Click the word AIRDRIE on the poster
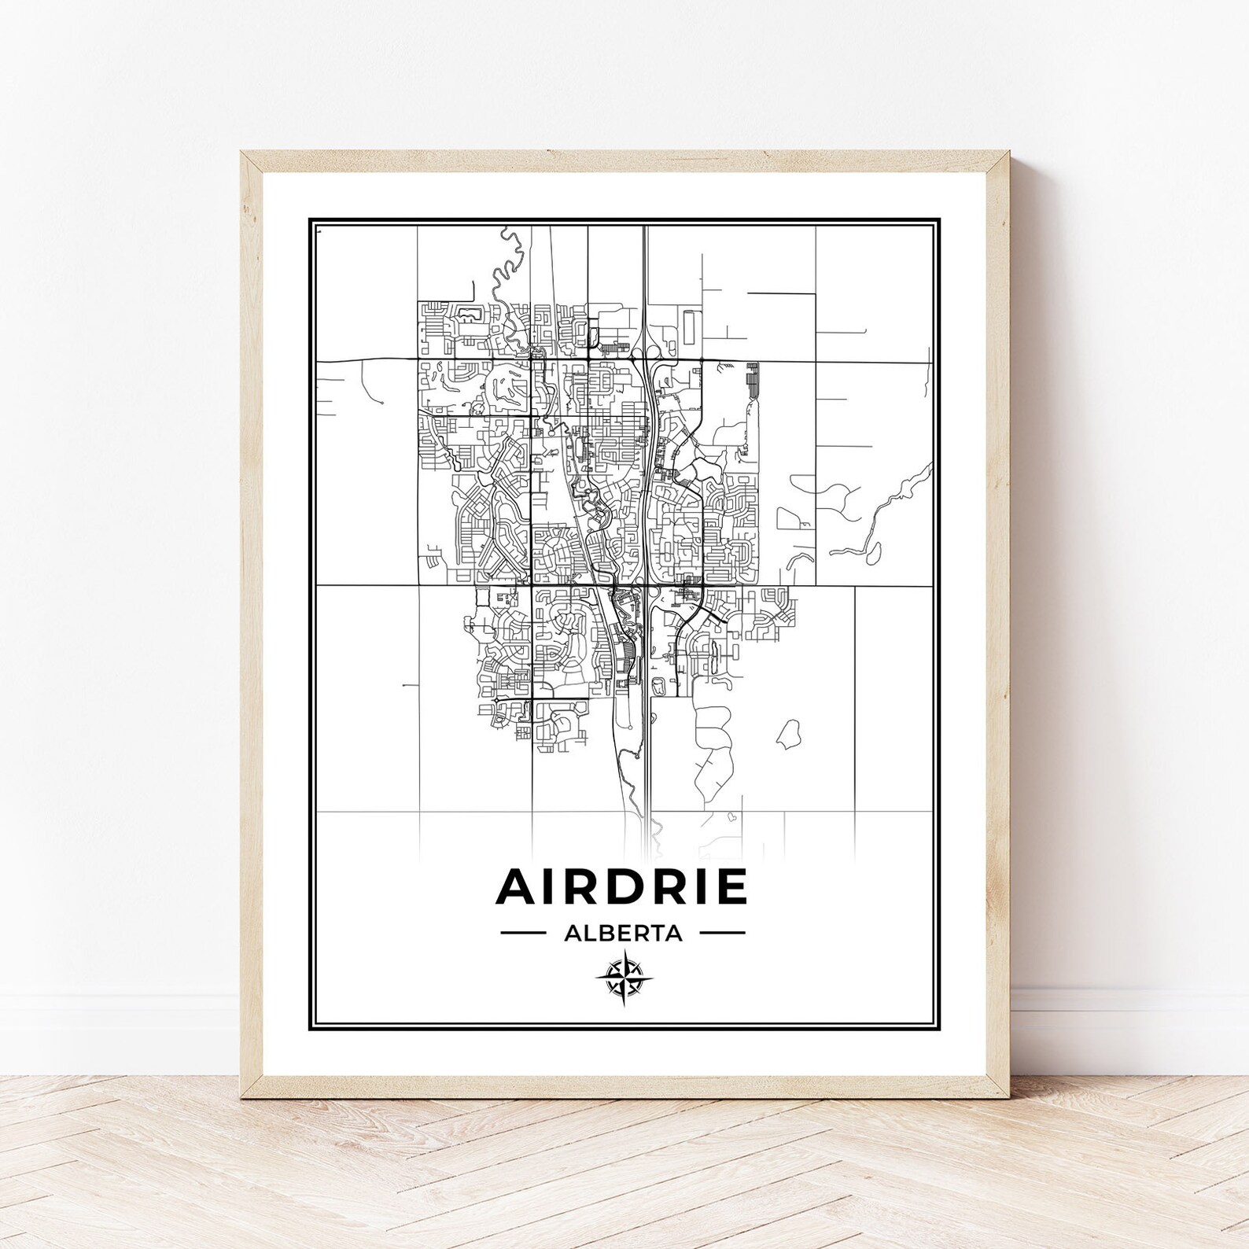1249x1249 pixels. (621, 887)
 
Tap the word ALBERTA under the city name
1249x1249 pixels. (622, 934)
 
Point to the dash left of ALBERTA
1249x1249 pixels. (523, 934)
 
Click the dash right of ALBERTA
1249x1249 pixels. (722, 934)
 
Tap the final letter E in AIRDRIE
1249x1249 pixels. (731, 887)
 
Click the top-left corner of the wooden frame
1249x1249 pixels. (244, 154)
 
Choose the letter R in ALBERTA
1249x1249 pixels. (638, 934)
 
